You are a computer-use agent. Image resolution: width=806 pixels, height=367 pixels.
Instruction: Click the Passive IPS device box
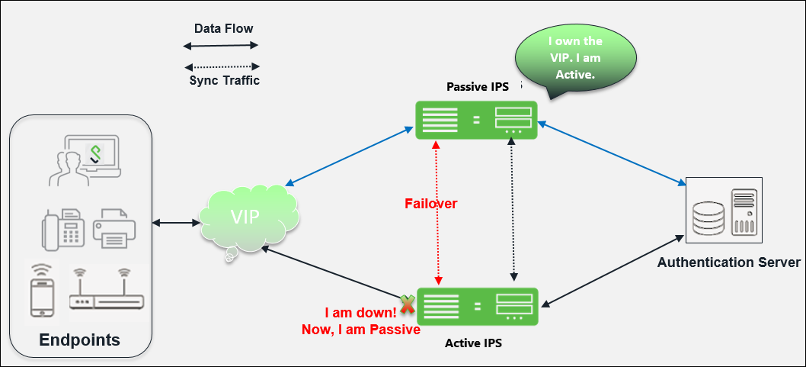pos(476,119)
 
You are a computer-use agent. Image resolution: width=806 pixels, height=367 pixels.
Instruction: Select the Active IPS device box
pos(477,307)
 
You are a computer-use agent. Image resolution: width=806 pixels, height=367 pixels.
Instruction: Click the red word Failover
pos(431,204)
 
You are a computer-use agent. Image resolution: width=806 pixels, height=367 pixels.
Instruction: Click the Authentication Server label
pos(728,262)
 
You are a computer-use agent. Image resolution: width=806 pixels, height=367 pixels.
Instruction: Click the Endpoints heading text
pos(79,340)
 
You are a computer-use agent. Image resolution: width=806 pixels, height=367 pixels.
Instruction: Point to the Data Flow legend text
pos(223,29)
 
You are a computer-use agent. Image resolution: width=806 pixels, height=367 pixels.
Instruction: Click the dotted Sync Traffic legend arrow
pos(222,66)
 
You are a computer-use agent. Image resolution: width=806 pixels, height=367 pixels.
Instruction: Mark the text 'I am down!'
pos(360,314)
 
